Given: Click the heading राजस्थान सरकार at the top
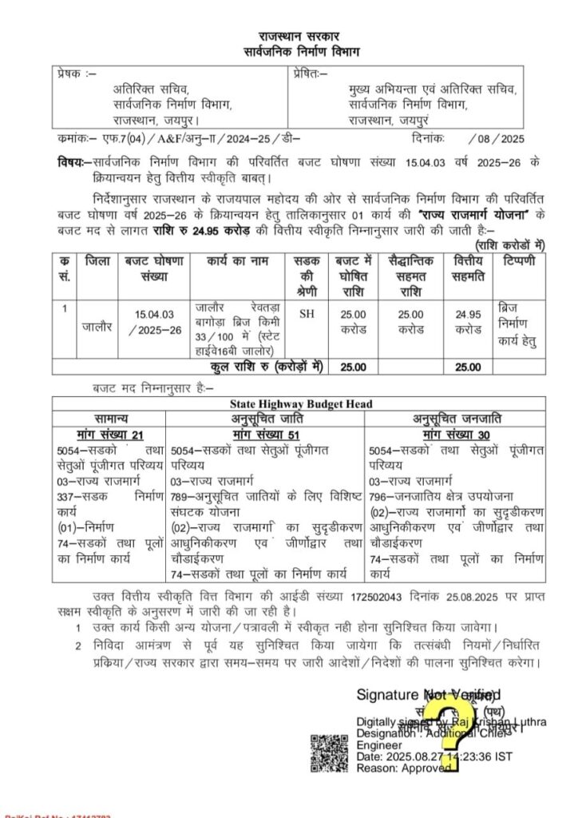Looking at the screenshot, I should pos(297,37).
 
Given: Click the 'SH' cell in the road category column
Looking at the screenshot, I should pos(307,314).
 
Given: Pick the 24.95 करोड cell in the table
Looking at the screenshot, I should pos(468,321).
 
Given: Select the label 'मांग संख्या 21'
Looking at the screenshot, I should pos(109,433).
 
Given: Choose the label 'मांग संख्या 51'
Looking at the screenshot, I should pos(266,433).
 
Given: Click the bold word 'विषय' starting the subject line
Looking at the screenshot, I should pos(69,160).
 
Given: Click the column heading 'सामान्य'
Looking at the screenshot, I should pos(109,419).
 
